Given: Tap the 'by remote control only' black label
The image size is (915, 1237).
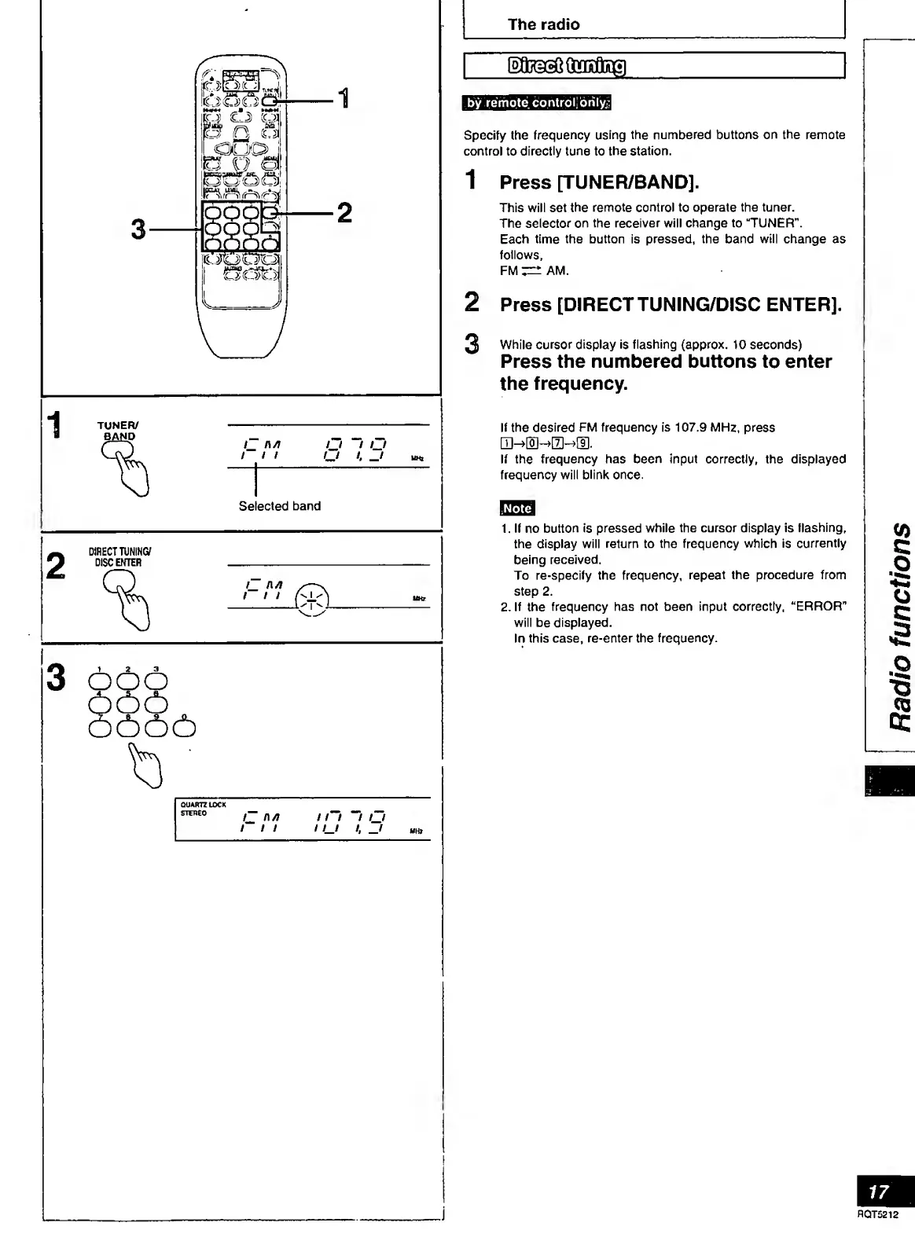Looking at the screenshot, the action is [537, 103].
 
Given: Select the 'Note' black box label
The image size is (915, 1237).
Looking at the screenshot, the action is [516, 508].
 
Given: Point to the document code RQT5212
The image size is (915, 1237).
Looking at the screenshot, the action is [877, 1214].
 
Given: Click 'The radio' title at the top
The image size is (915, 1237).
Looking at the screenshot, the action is [543, 24].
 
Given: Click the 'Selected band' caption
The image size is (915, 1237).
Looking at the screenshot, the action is [279, 506].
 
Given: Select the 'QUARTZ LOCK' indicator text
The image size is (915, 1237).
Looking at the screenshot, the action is [203, 805].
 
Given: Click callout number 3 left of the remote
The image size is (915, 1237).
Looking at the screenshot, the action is [138, 229].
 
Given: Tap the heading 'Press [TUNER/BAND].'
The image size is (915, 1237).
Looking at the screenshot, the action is [599, 182].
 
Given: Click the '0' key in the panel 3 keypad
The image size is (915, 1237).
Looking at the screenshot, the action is [184, 729].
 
